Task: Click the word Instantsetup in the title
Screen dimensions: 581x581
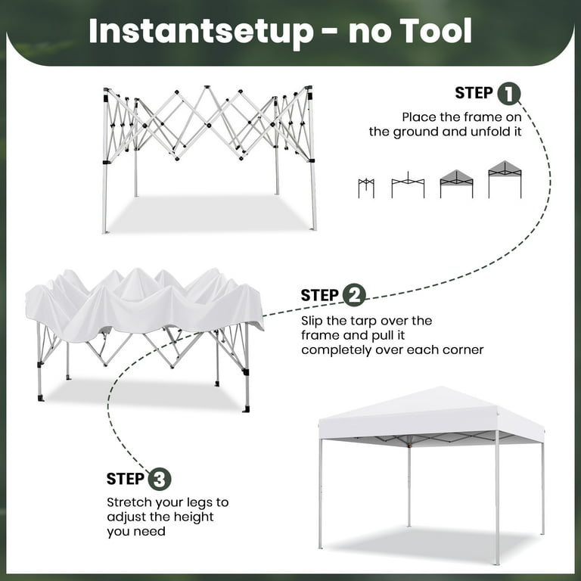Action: [200, 32]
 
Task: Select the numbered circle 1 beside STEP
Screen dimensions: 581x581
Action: [508, 94]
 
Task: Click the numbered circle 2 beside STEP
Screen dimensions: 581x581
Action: [354, 295]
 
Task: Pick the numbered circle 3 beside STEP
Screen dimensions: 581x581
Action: [160, 479]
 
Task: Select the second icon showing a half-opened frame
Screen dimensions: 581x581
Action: [408, 185]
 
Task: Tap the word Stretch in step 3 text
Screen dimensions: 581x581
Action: [129, 502]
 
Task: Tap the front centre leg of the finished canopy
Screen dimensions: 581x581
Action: [496, 499]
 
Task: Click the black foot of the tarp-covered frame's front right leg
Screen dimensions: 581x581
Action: [246, 409]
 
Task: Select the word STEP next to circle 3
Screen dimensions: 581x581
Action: [125, 479]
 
